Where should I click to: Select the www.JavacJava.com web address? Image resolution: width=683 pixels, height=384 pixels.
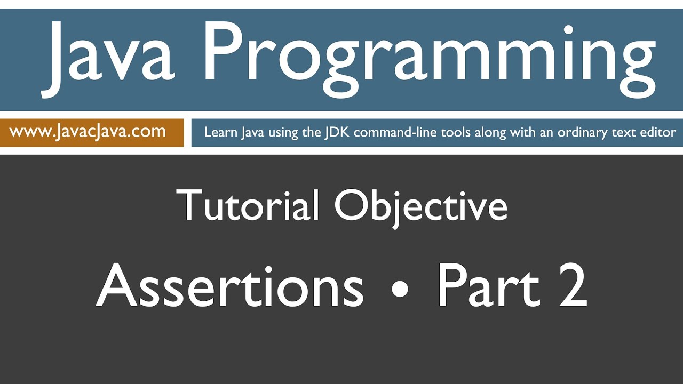tap(88, 132)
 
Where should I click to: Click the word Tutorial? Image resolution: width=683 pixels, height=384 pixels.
tap(248, 206)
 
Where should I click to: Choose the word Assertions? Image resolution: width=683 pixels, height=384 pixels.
tap(229, 286)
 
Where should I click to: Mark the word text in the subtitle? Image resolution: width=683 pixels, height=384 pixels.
tap(624, 133)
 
